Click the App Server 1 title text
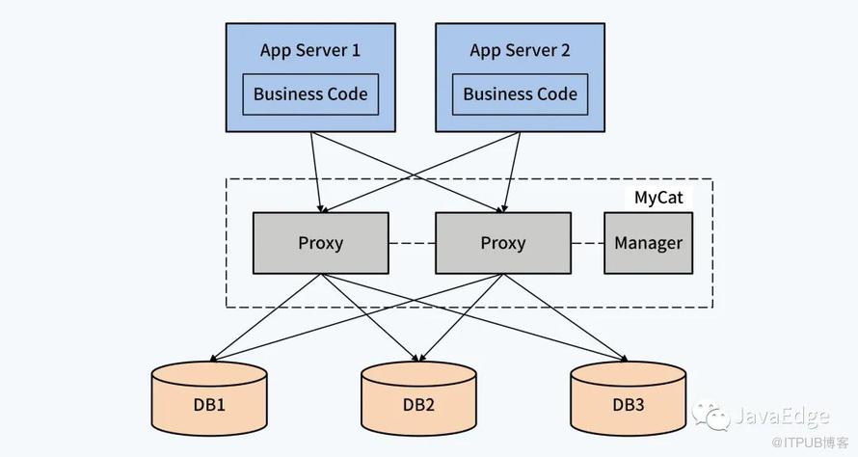[310, 50]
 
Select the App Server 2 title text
[520, 50]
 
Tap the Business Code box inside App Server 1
[310, 94]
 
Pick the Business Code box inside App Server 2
[520, 94]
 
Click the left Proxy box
[320, 243]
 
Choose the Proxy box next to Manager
[503, 243]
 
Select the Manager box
[648, 243]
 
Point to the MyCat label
[658, 198]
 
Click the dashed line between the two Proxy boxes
[412, 243]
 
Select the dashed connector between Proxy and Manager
[587, 243]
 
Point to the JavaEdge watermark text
[781, 417]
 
